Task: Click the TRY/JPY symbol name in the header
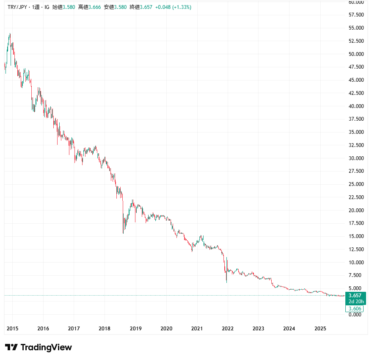(17, 7)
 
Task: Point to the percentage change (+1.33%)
(180, 7)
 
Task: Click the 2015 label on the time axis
(12, 328)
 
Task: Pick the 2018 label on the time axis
(105, 328)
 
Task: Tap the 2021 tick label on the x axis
(197, 328)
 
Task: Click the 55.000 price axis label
(355, 28)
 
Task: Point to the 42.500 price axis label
(355, 93)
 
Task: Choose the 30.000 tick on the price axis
(355, 158)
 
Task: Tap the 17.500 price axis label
(355, 223)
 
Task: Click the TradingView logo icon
(11, 347)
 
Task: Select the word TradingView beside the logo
(46, 347)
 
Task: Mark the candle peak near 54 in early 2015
(10, 34)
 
